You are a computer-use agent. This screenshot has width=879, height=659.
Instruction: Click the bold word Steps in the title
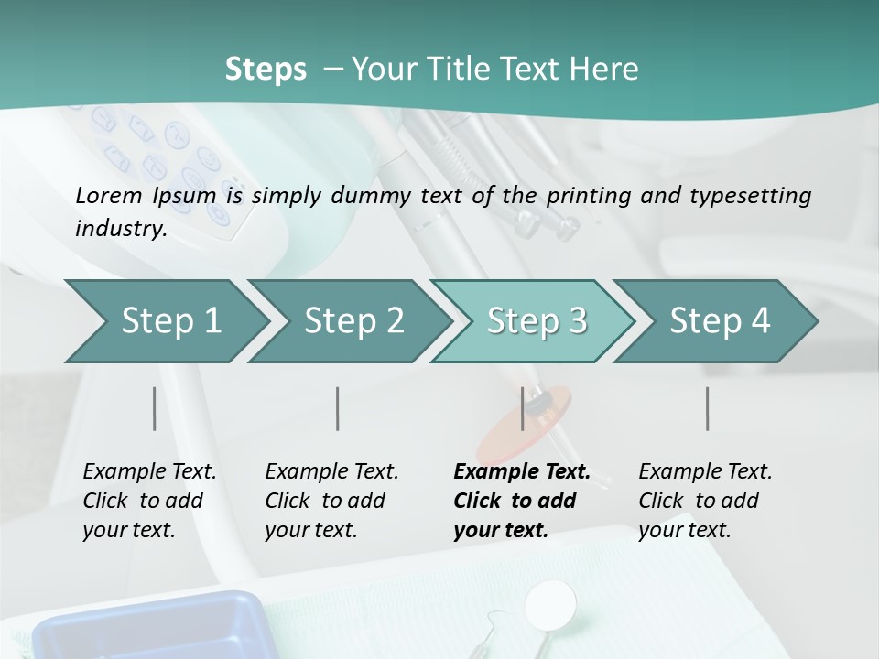pos(266,70)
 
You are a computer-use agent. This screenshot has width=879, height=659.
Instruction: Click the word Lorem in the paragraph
pos(108,195)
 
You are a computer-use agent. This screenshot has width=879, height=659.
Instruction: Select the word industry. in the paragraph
pos(121,229)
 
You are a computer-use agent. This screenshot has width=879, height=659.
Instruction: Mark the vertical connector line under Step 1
pos(155,408)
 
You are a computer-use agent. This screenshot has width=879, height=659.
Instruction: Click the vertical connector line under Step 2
pos(338,408)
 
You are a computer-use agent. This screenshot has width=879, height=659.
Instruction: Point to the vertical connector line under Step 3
pos(522,408)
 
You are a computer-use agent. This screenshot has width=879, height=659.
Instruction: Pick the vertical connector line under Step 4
pos(707,408)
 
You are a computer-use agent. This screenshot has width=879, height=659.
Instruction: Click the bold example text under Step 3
pos(521,501)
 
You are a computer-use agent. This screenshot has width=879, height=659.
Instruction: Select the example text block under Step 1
pos(149,501)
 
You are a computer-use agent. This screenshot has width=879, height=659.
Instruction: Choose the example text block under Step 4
pos(705,501)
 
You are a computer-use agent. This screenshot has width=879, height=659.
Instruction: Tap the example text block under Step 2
pos(331,501)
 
